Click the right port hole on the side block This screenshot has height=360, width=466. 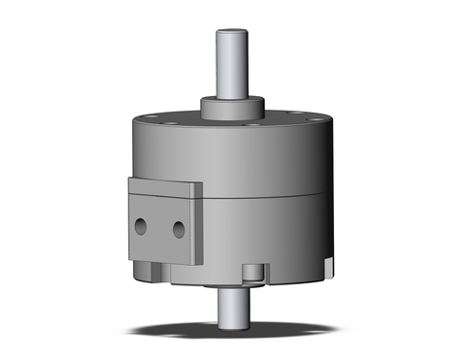pos(178,229)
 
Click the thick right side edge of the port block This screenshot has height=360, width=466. pos(197,225)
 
